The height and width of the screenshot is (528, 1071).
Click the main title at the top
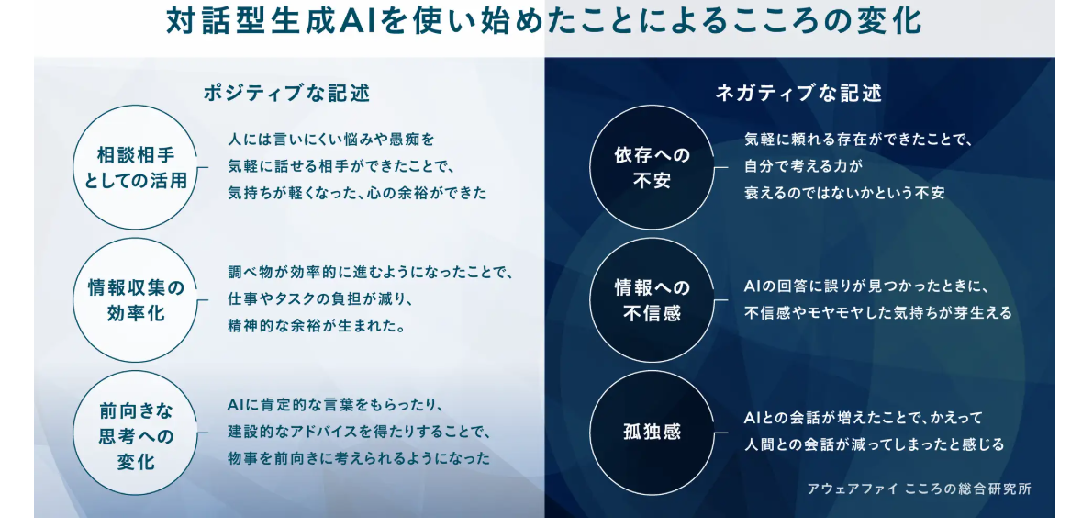[x=543, y=22]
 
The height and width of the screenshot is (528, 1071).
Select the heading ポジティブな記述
[x=287, y=93]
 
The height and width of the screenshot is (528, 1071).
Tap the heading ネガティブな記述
[x=798, y=93]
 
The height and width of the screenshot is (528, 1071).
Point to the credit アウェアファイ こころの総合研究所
[x=919, y=489]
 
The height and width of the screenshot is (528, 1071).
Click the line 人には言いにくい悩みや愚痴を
[x=331, y=140]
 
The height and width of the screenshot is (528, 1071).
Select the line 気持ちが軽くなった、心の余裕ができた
[x=357, y=194]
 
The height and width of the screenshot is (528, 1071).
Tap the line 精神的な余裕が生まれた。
[x=317, y=327]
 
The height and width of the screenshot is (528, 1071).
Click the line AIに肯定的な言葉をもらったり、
[x=336, y=406]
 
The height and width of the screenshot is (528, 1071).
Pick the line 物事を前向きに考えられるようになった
[x=359, y=458]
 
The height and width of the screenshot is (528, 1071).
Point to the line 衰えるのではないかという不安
[x=844, y=194]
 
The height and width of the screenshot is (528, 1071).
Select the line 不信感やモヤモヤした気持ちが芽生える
[x=877, y=313]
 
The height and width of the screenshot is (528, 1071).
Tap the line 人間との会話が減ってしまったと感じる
[x=875, y=445]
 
